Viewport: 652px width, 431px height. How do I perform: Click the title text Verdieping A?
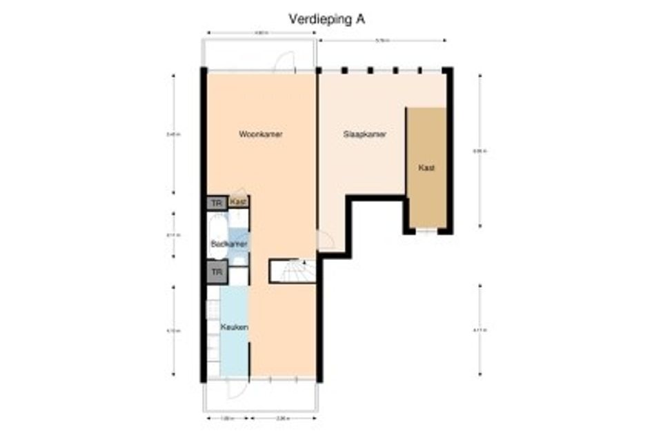326,19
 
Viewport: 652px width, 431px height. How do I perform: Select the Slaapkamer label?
364,134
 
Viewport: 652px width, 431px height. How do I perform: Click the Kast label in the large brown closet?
427,167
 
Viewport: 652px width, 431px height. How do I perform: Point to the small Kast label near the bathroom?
239,202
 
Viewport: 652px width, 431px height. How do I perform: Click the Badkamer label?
228,243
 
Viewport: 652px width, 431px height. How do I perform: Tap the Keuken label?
234,327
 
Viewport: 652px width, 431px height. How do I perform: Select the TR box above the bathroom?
217,203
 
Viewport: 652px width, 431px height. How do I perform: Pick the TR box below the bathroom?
217,272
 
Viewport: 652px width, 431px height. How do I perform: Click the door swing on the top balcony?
285,62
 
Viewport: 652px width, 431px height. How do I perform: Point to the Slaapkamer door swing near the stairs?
324,239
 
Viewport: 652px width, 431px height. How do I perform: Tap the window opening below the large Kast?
427,232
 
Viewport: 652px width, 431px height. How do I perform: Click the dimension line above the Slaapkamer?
381,41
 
